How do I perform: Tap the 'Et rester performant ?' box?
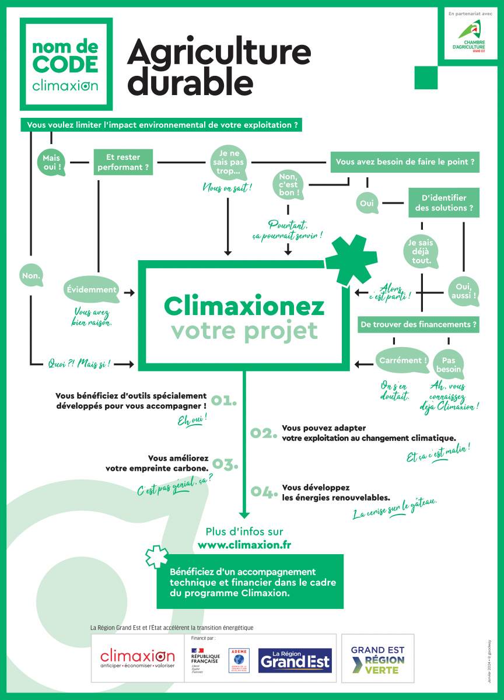tap(123, 162)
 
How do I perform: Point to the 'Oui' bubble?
tap(367, 204)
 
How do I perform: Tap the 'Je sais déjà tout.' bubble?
tap(421, 251)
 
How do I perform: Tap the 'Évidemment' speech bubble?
tap(91, 289)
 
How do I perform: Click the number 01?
tap(224, 400)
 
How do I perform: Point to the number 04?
tap(263, 492)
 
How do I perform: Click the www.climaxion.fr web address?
tap(244, 545)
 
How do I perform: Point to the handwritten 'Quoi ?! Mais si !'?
tap(80, 364)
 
